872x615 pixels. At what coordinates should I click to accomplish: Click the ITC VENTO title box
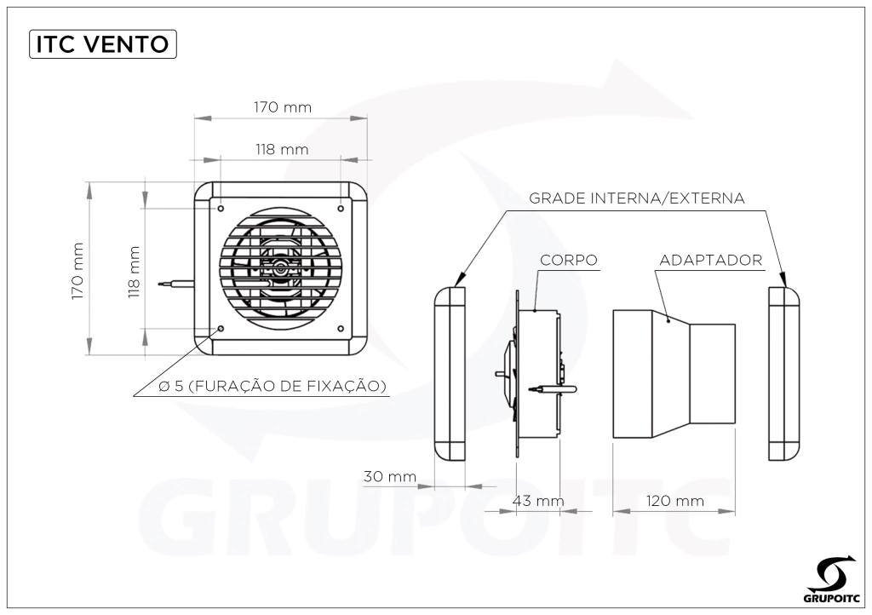[103, 44]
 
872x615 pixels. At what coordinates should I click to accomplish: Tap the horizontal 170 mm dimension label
[283, 106]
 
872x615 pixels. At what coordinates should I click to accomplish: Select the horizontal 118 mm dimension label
[282, 149]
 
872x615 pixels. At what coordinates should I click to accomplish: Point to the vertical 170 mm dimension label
[77, 271]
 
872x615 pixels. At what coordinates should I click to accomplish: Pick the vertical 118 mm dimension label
[134, 272]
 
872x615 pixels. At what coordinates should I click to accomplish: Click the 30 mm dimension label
[390, 476]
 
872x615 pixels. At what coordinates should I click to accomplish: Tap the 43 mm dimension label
[538, 501]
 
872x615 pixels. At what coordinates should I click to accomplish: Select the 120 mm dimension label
[675, 501]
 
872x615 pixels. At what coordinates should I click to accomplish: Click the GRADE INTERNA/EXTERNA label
[636, 198]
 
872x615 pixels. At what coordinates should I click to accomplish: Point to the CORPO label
[568, 261]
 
